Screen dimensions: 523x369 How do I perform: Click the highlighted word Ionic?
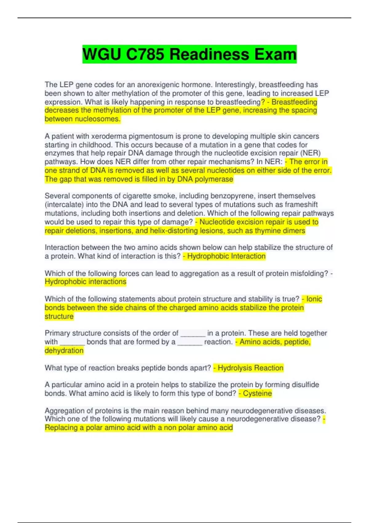point(314,299)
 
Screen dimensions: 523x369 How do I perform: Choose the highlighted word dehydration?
point(64,351)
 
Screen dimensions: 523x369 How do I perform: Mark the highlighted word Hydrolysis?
point(234,368)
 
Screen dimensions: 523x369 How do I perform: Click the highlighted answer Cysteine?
point(257,393)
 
